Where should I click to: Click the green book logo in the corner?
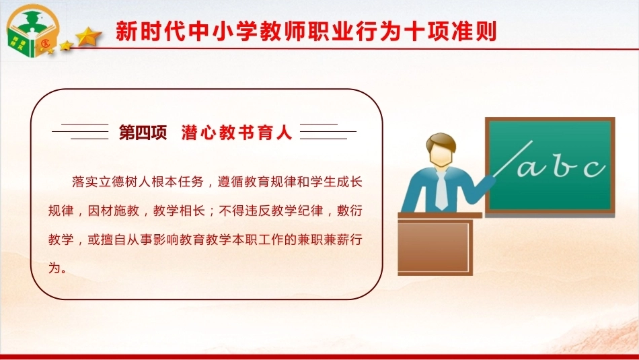tap(32, 31)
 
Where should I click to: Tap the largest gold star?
tap(88, 37)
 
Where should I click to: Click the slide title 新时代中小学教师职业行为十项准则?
tap(306, 32)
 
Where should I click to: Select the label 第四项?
tap(143, 133)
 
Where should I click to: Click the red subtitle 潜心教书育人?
tap(237, 133)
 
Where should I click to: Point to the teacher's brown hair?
tap(441, 142)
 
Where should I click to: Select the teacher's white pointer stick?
tap(513, 159)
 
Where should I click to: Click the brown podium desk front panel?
tap(435, 247)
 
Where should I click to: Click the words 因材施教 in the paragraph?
tap(114, 211)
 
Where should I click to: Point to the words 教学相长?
tap(179, 211)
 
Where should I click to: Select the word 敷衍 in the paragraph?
tap(350, 211)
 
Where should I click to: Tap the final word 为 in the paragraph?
tap(54, 268)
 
